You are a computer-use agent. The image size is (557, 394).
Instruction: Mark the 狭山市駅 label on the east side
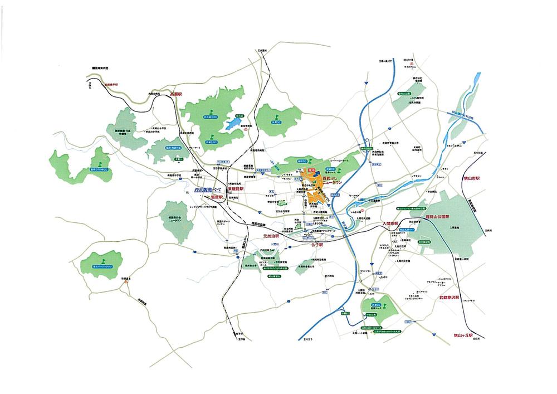477,179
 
